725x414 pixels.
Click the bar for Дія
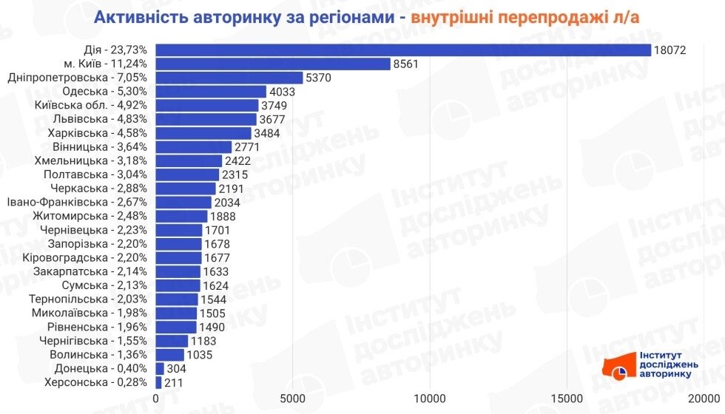(403, 50)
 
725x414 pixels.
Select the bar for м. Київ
(273, 64)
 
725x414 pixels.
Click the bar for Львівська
(206, 119)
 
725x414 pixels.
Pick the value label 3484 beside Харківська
(268, 133)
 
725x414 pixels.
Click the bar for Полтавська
(187, 174)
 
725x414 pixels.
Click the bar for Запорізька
(178, 244)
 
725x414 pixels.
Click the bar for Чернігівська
(172, 341)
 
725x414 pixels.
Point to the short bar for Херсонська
(158, 382)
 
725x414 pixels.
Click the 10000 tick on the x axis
(430, 399)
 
